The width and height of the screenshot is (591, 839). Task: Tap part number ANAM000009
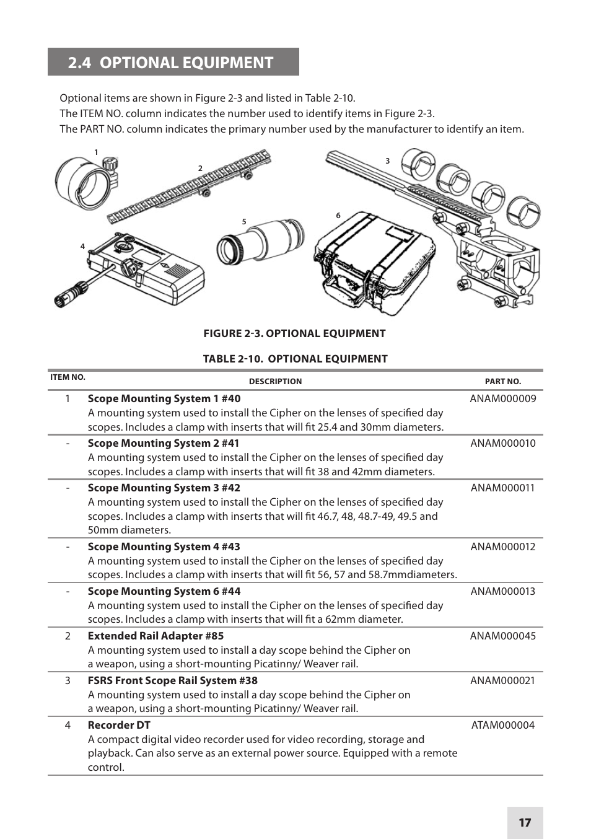point(502,398)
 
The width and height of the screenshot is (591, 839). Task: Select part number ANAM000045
point(502,636)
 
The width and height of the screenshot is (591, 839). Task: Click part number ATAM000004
point(502,725)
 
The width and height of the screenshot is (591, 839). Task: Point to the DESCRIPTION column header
point(275,382)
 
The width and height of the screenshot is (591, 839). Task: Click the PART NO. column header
point(502,382)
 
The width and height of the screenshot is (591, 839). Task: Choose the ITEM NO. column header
point(68,377)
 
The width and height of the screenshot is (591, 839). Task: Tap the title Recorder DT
point(119,725)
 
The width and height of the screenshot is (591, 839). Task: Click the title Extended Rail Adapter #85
point(155,636)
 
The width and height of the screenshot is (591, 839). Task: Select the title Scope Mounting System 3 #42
point(164,488)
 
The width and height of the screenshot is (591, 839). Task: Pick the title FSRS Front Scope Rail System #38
point(172,680)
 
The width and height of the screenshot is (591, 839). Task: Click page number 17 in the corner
point(525,822)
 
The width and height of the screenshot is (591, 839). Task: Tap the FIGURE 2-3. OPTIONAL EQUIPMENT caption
point(294,333)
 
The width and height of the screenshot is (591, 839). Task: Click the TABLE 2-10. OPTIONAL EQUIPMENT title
point(295,359)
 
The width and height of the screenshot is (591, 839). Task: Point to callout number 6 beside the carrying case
point(338,216)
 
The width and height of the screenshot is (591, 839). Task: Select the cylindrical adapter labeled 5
point(260,242)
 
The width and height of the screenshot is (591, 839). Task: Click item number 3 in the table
point(68,680)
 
